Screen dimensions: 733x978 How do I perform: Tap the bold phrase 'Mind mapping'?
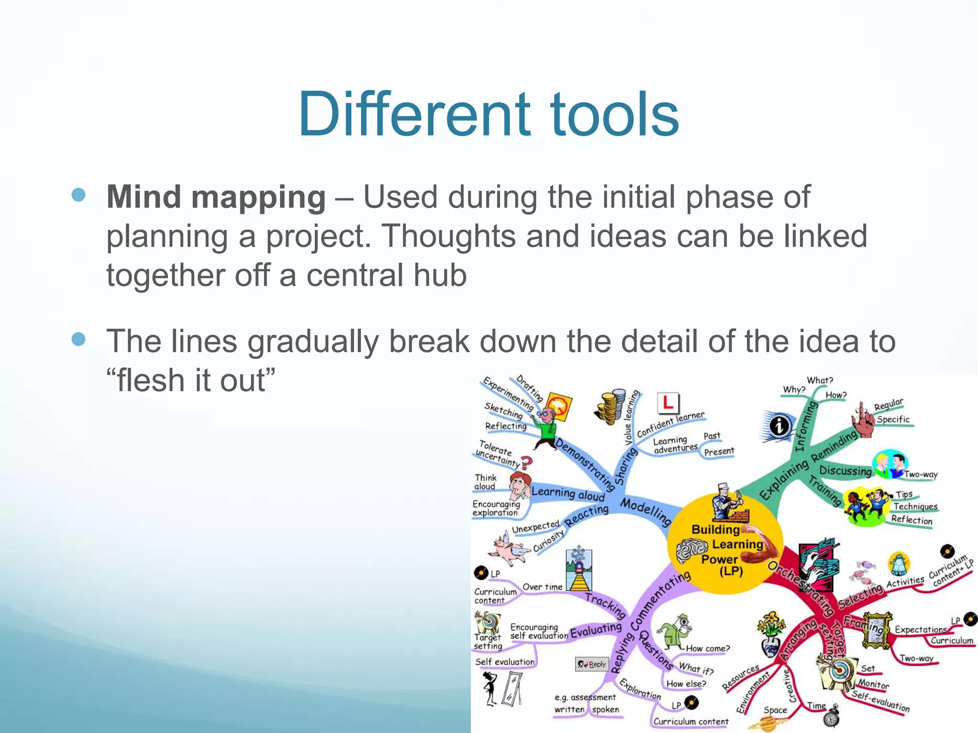pos(216,197)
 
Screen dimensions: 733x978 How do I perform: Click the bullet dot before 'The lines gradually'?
pos(78,339)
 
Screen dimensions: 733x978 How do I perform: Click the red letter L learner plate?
pos(668,403)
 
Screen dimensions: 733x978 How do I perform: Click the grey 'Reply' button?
pos(592,664)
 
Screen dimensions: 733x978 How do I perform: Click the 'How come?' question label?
pos(708,649)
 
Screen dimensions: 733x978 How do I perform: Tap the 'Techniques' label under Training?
pos(915,506)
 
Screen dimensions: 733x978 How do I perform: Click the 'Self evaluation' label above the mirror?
pos(505,662)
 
